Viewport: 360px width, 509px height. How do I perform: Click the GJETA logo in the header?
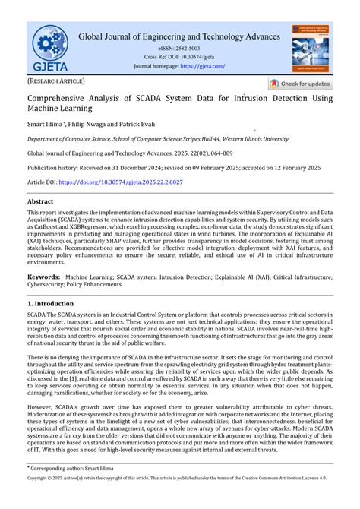tap(50, 47)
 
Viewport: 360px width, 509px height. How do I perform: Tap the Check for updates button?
tap(300, 84)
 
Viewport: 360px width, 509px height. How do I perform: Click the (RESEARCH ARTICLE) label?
tap(56, 81)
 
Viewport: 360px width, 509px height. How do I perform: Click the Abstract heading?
tap(41, 203)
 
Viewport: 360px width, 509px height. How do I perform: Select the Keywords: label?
tap(44, 278)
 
